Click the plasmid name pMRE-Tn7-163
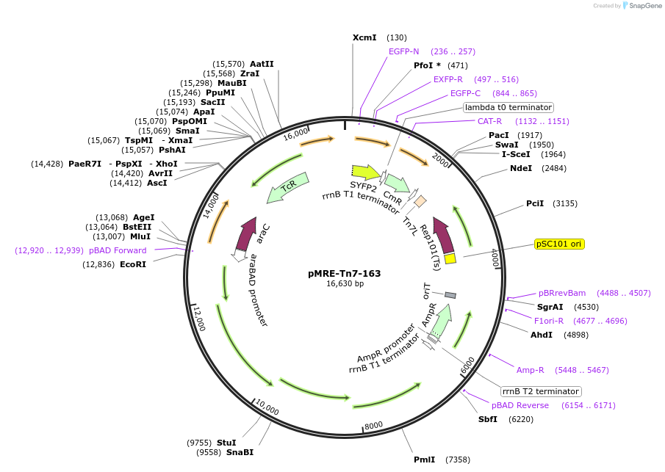click(344, 273)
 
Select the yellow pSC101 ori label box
click(559, 244)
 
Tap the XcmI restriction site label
click(364, 37)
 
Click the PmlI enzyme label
click(424, 460)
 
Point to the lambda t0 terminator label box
click(508, 107)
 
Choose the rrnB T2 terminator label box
click(540, 391)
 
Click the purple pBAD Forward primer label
click(118, 250)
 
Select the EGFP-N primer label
click(403, 51)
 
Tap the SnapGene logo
click(641, 6)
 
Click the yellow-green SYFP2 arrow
click(365, 172)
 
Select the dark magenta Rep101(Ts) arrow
click(444, 236)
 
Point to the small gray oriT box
click(450, 295)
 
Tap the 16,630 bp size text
click(345, 284)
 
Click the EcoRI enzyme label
click(133, 264)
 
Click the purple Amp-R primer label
click(530, 370)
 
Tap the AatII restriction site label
click(262, 64)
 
